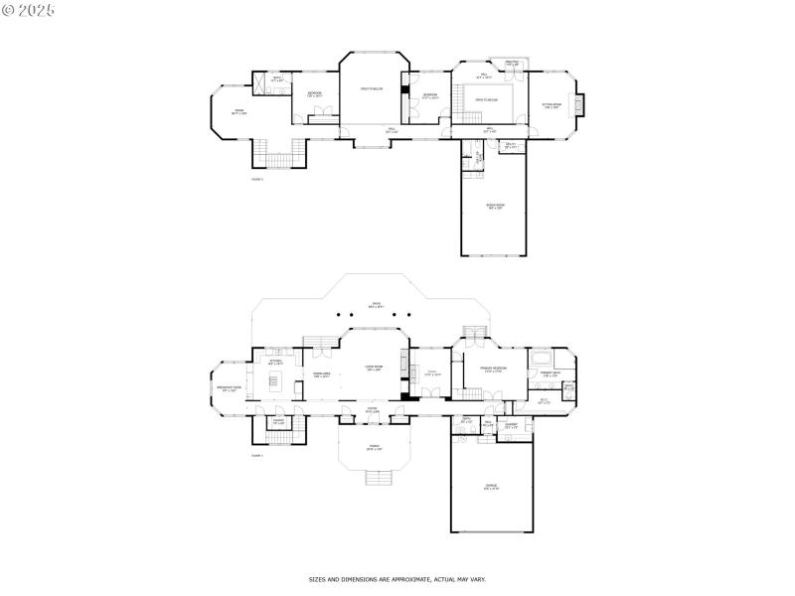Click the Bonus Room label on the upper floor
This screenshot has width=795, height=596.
coord(493,207)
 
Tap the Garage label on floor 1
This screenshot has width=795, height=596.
coord(491,487)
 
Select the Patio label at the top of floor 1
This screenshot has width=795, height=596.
coord(376,305)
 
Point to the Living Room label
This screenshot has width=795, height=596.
coord(375,369)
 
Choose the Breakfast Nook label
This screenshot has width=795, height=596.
coord(230,390)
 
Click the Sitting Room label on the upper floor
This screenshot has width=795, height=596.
coord(552,106)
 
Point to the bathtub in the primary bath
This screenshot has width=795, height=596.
coord(543,358)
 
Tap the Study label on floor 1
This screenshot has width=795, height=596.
coord(432,374)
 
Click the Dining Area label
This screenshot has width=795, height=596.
coord(321,375)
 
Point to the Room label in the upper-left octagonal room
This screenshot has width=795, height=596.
coord(238,111)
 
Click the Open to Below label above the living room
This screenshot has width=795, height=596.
coord(371,90)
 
